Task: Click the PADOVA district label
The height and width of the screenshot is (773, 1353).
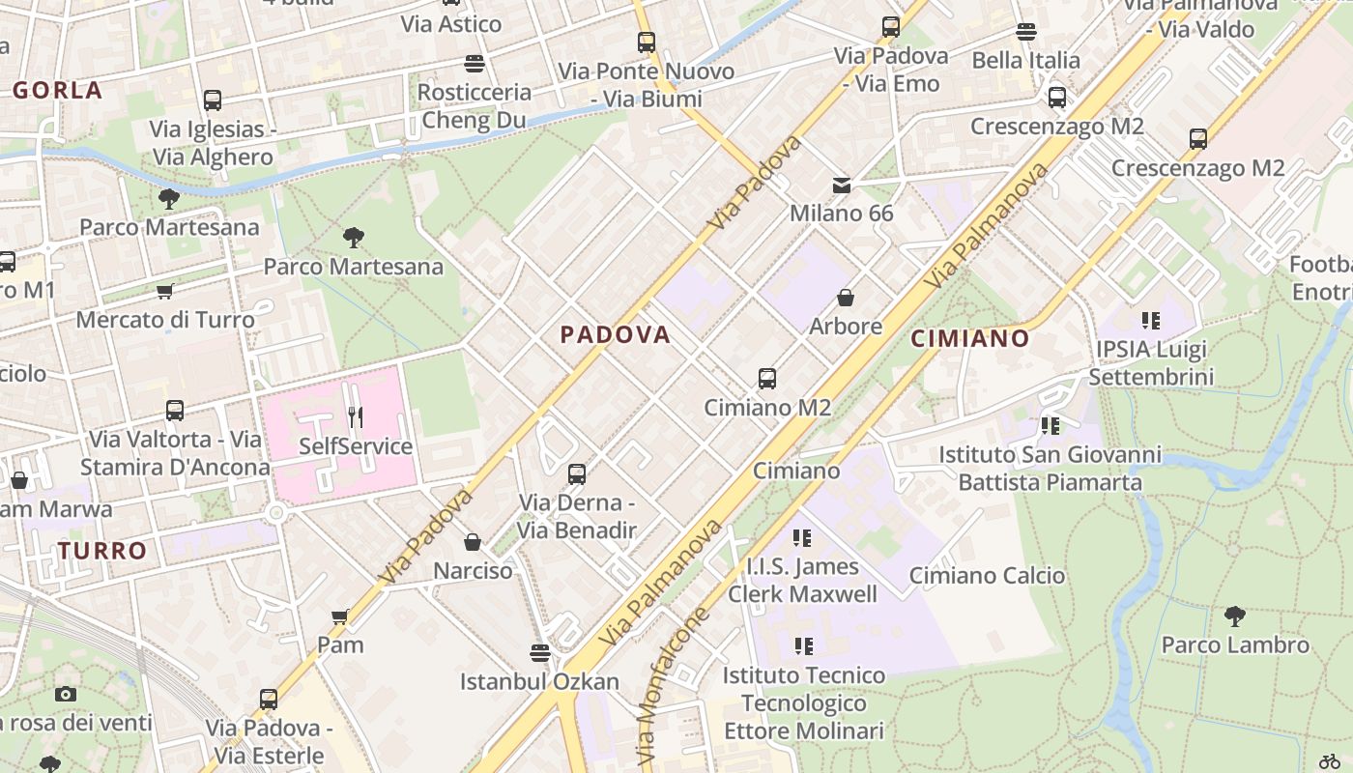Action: coord(616,334)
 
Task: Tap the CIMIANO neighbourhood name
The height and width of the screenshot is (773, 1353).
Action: coord(970,338)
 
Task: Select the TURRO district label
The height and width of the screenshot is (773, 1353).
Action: coord(102,551)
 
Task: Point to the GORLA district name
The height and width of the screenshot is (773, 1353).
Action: coord(57,90)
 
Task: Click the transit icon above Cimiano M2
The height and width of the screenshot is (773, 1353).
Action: coord(767,378)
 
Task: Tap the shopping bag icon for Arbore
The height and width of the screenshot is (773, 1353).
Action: coord(846,298)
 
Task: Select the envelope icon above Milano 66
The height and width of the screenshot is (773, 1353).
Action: coord(842,185)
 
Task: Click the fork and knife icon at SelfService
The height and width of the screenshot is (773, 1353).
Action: coord(356,417)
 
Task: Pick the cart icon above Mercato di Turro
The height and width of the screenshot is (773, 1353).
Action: coord(165,291)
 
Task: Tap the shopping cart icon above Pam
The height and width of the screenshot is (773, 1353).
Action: coord(340,616)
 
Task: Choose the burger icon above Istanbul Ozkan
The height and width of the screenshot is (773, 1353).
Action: coord(539,653)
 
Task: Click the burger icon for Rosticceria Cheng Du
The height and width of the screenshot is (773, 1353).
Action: coord(475,64)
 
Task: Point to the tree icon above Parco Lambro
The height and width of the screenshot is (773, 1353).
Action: coord(1234,616)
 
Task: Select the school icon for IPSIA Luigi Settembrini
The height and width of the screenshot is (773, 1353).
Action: coord(1150,320)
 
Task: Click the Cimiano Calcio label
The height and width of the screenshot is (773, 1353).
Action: coord(987,576)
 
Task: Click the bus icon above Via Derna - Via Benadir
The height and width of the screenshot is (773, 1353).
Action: coord(577,474)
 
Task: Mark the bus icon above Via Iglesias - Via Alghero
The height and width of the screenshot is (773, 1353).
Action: coord(213,100)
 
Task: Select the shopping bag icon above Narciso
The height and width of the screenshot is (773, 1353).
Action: coord(473,542)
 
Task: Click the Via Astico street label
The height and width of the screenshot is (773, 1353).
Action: coord(451,23)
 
